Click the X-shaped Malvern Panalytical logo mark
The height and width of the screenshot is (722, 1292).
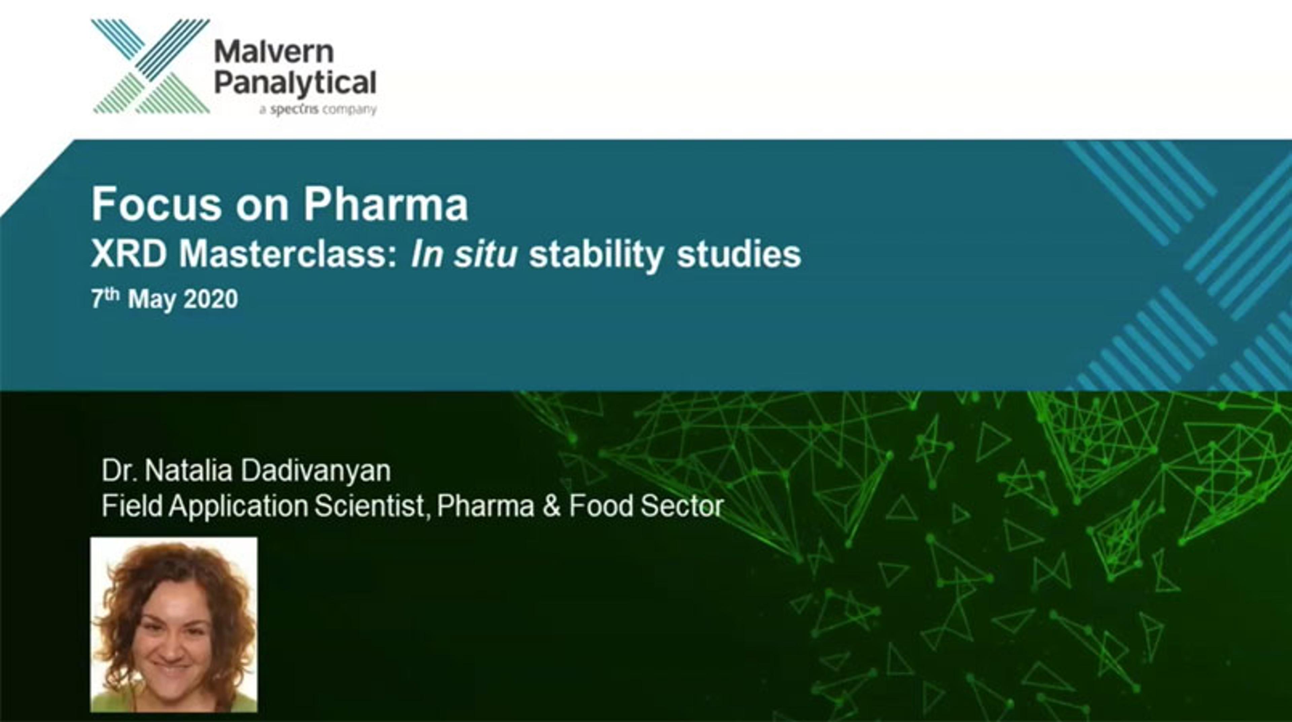pyautogui.click(x=150, y=66)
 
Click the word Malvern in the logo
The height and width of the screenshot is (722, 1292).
pyautogui.click(x=274, y=52)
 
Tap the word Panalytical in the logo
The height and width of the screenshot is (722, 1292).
pyautogui.click(x=295, y=84)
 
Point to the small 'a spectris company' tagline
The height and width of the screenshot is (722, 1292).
pyautogui.click(x=318, y=109)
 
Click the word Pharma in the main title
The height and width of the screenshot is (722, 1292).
pyautogui.click(x=386, y=204)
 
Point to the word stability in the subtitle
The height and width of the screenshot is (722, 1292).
pyautogui.click(x=597, y=256)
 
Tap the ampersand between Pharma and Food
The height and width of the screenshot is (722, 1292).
pyautogui.click(x=551, y=506)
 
